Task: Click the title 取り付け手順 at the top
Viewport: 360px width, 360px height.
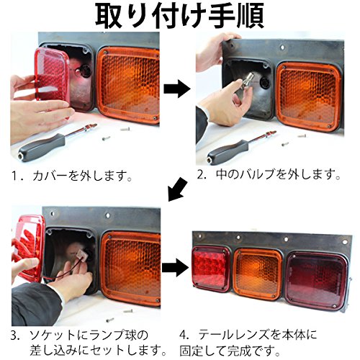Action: point(180,15)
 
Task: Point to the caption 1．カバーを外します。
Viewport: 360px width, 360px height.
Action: point(71,175)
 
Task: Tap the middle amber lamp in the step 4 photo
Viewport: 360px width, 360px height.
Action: point(256,274)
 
